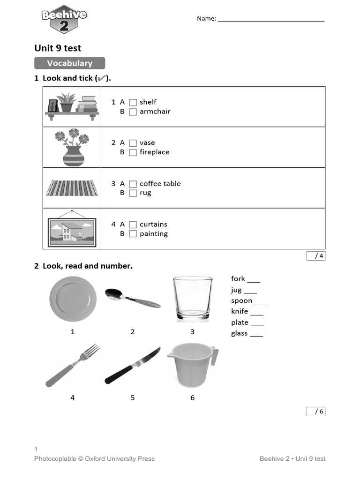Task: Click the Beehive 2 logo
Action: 64,20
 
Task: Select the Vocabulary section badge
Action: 69,63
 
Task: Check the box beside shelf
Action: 133,102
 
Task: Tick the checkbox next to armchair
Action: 133,112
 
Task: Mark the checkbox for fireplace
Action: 133,152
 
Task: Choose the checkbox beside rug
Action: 133,193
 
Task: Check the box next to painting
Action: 133,234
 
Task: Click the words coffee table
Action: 160,184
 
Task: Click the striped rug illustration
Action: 72,188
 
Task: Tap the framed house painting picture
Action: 72,231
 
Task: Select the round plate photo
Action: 73,299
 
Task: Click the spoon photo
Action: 132,298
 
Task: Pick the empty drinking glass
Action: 192,299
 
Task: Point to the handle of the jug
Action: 214,356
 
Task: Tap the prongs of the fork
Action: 92,350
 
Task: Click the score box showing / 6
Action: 316,412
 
